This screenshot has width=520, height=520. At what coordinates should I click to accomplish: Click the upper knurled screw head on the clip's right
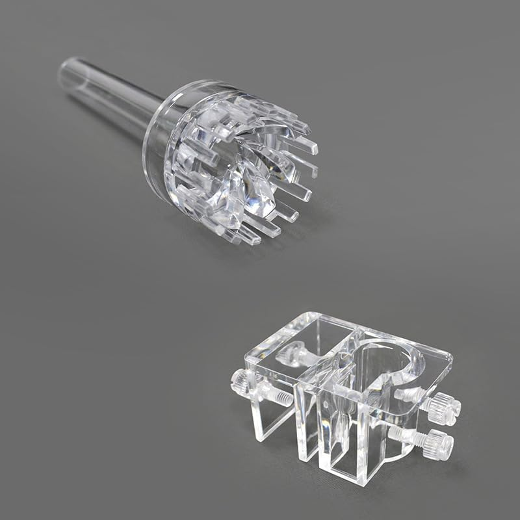[x=447, y=406]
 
